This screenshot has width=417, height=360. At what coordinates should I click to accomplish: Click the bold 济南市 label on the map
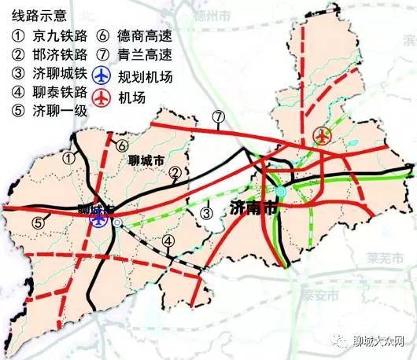pyautogui.click(x=253, y=208)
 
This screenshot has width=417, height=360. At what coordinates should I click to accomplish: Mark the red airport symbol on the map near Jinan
pyautogui.click(x=321, y=135)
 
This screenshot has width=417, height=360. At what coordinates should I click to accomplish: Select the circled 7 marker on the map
pyautogui.click(x=218, y=119)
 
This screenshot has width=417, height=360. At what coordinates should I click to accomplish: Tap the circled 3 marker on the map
pyautogui.click(x=206, y=210)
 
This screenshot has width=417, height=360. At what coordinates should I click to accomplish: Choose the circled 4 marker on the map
pyautogui.click(x=168, y=241)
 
